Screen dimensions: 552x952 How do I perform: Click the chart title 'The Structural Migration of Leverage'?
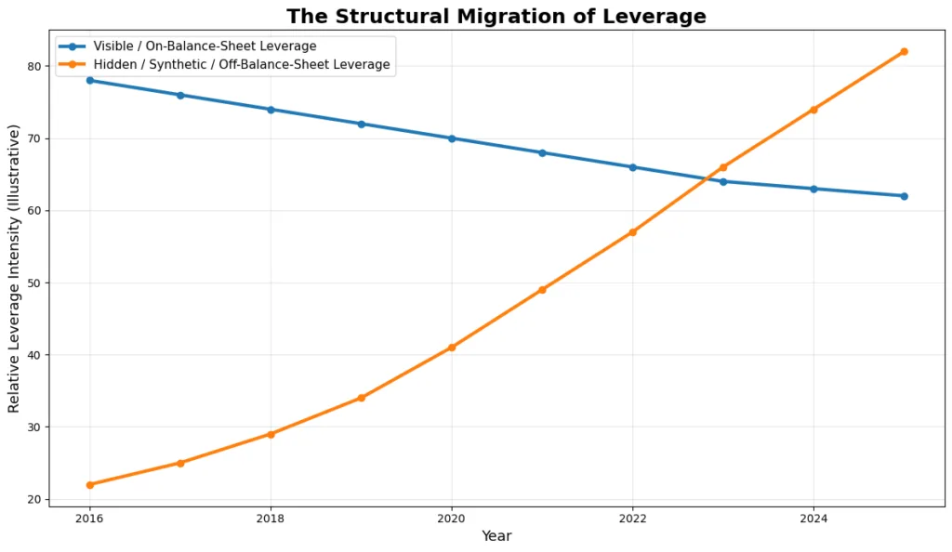click(x=496, y=17)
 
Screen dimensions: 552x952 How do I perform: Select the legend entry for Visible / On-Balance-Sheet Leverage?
click(x=205, y=46)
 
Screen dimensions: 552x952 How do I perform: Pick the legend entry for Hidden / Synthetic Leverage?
click(x=241, y=65)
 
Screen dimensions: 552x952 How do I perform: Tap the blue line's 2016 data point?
click(x=90, y=81)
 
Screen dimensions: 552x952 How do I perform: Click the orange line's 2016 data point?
click(x=90, y=485)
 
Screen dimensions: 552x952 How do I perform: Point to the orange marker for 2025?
click(x=904, y=52)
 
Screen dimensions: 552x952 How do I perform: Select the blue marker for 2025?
click(x=904, y=196)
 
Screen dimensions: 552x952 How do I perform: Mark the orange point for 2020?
click(x=452, y=348)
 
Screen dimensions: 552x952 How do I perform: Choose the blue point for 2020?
click(x=452, y=138)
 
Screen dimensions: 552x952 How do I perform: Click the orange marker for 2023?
click(x=723, y=167)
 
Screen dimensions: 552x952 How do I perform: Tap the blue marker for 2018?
click(x=271, y=110)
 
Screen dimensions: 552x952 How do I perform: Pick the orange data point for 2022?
click(x=632, y=232)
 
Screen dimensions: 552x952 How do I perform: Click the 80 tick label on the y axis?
click(x=35, y=67)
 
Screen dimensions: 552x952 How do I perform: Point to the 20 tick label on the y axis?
click(x=35, y=500)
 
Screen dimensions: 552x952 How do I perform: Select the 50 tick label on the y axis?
click(x=35, y=283)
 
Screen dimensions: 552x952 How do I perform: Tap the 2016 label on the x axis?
click(x=90, y=517)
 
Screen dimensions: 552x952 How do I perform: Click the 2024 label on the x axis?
click(x=813, y=517)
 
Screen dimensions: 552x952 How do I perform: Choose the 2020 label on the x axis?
click(x=452, y=517)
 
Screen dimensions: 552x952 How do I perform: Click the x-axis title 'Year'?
click(x=496, y=536)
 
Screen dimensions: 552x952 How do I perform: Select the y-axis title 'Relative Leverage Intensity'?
click(x=14, y=269)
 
